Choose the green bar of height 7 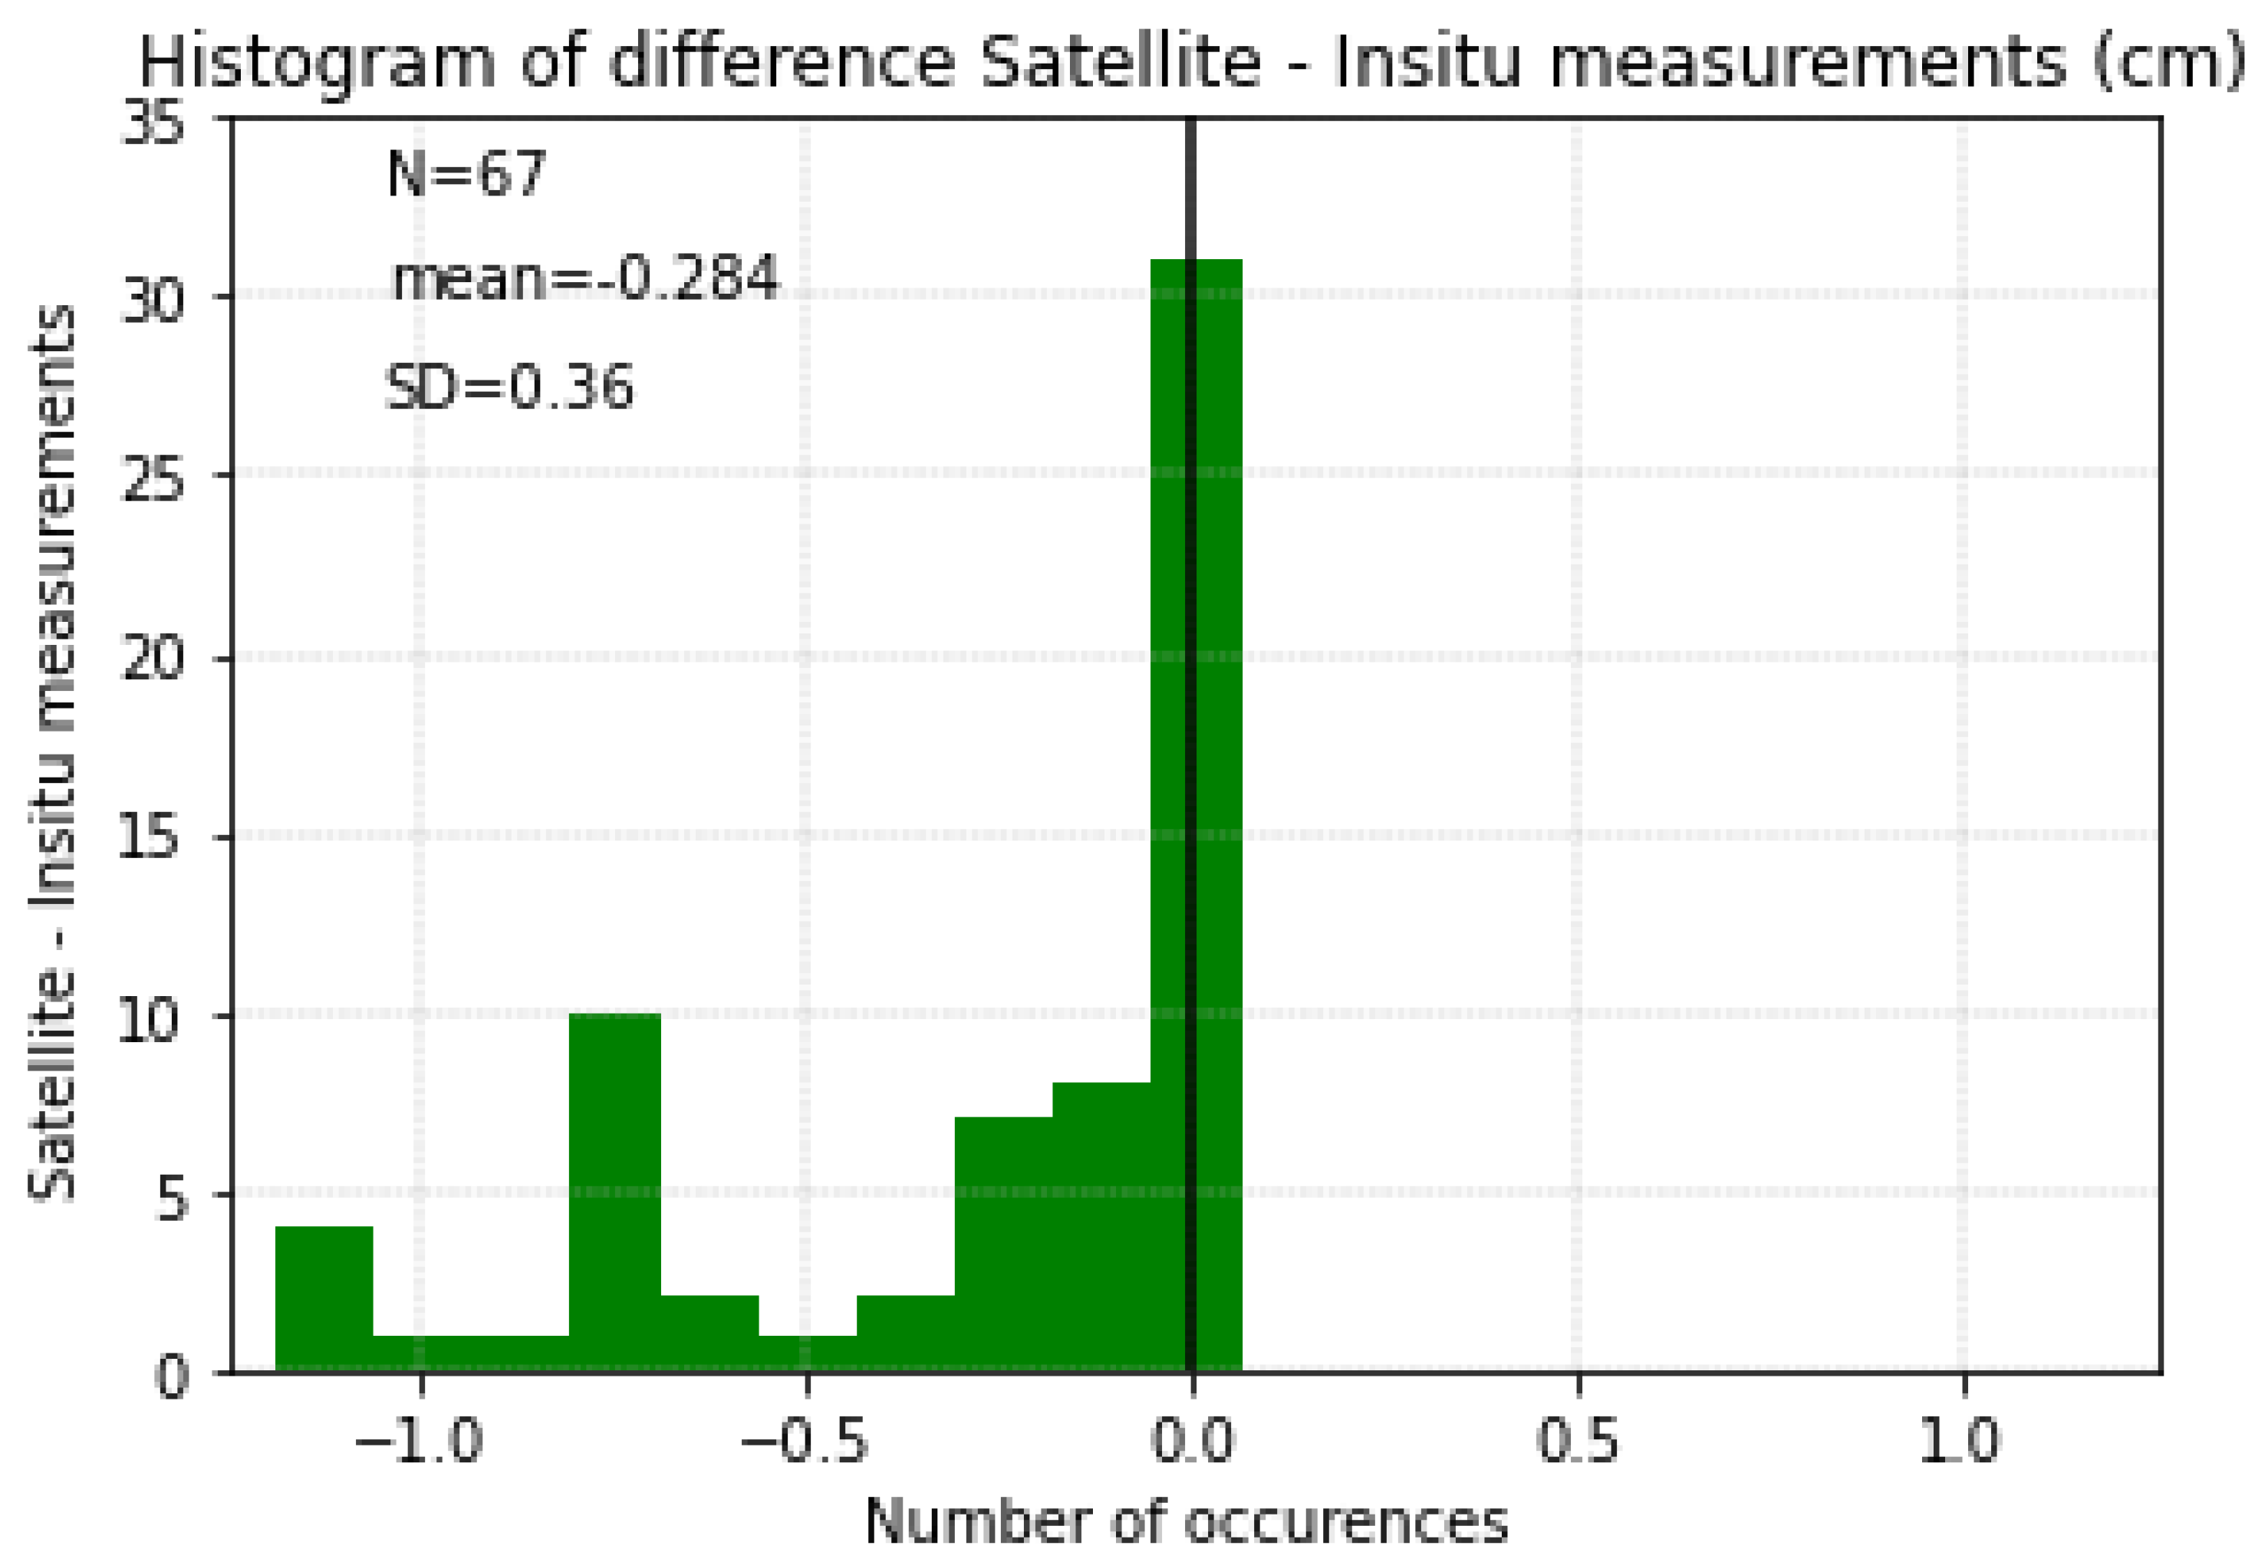click(x=1002, y=1244)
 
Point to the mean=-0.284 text click(x=584, y=278)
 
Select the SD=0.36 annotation click(x=509, y=386)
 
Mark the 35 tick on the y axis click(x=152, y=124)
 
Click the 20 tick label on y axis click(x=152, y=656)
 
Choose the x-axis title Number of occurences click(x=1187, y=1522)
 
